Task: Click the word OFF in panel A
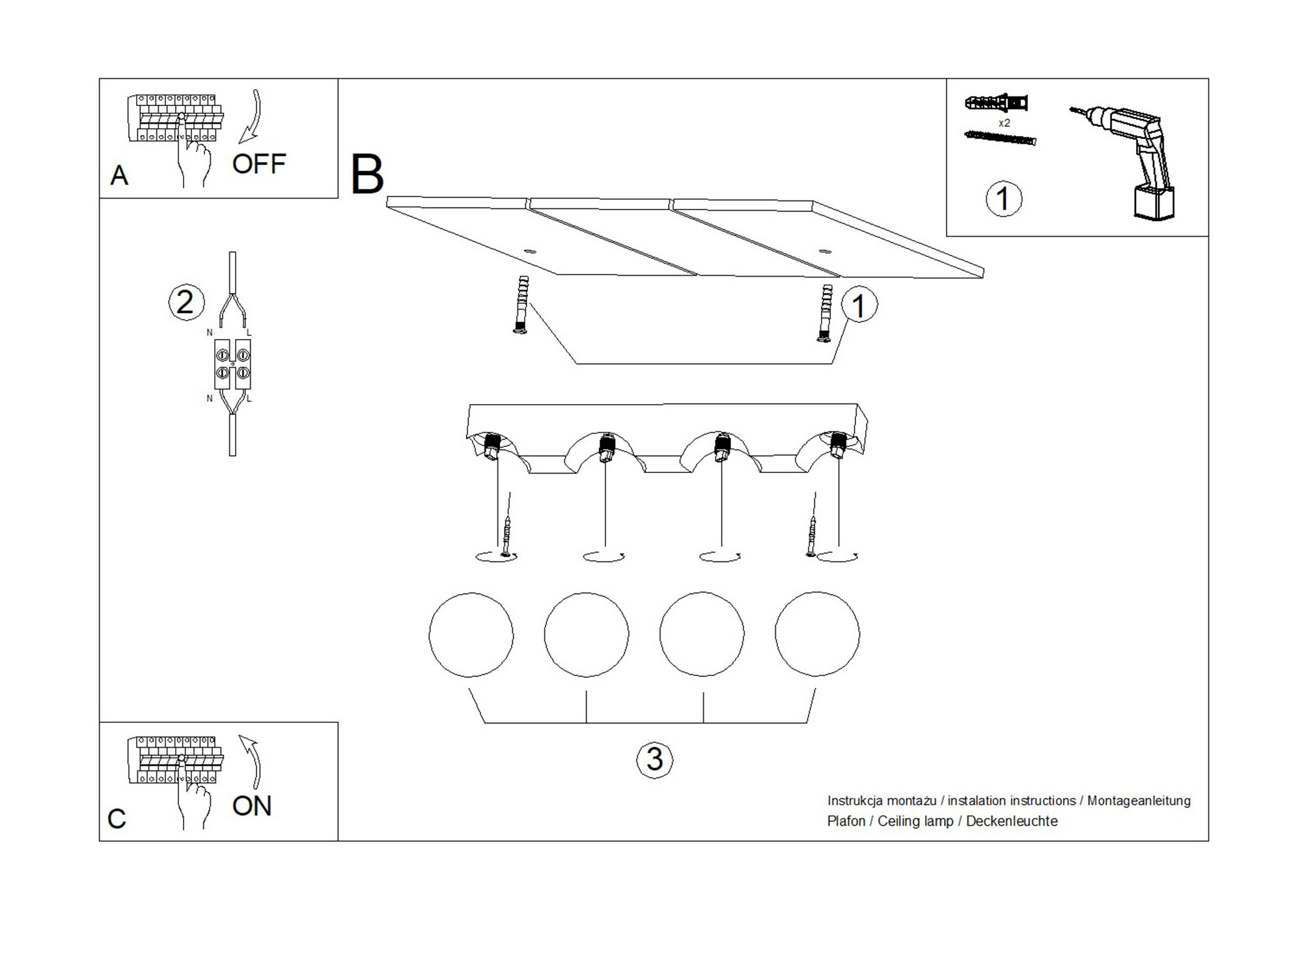259,164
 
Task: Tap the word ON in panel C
252,806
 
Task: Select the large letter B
367,174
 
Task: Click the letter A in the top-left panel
119,175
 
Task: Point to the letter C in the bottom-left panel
117,819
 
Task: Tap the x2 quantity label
1004,123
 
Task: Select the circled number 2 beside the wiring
186,303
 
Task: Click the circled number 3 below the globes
654,759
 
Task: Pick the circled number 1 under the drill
1003,198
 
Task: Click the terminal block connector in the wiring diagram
232,364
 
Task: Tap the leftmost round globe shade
471,634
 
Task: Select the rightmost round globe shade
817,634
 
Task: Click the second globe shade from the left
586,634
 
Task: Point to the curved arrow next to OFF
252,117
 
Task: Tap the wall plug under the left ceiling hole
521,305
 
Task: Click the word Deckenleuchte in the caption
1012,821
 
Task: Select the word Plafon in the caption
846,821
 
